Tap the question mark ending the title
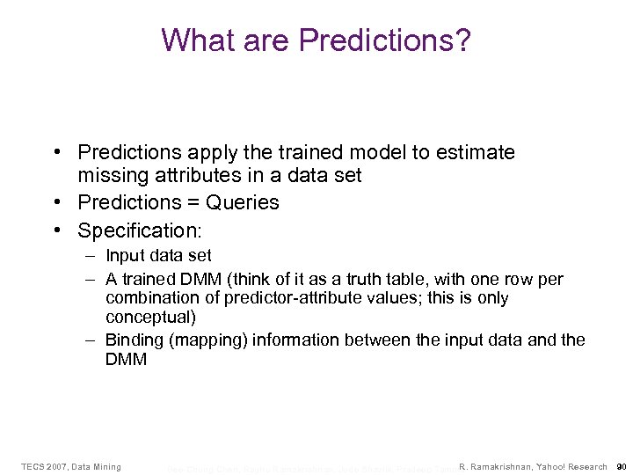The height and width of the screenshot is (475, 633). click(x=462, y=40)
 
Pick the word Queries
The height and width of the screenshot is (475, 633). click(x=242, y=202)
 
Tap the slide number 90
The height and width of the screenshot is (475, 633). click(x=621, y=466)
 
